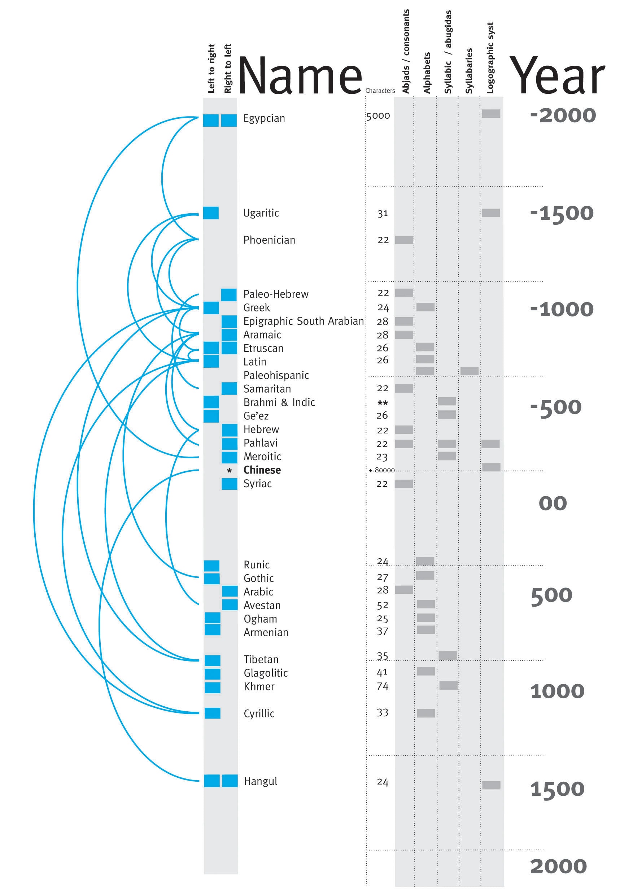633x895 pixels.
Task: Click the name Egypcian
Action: click(x=264, y=118)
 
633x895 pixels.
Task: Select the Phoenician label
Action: click(x=269, y=240)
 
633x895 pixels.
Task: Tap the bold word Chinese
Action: click(x=262, y=470)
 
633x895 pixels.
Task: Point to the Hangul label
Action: click(x=260, y=781)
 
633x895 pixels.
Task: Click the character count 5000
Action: click(x=378, y=116)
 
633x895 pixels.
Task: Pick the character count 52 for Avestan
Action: click(x=383, y=605)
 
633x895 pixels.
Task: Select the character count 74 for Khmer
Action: click(x=383, y=686)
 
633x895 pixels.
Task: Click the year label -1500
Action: click(x=562, y=213)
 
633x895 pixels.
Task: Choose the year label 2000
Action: click(x=558, y=866)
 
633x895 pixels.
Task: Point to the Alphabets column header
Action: click(x=427, y=73)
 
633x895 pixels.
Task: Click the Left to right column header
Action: click(x=211, y=69)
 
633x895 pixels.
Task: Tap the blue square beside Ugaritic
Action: click(x=211, y=213)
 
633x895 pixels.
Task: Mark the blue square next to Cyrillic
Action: click(x=213, y=713)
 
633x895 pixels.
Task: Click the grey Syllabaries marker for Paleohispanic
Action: click(x=469, y=371)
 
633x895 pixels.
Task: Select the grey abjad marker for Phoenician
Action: click(x=404, y=240)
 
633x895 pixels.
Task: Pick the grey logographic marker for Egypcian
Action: click(x=491, y=113)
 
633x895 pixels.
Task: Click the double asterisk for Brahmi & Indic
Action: click(x=383, y=403)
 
